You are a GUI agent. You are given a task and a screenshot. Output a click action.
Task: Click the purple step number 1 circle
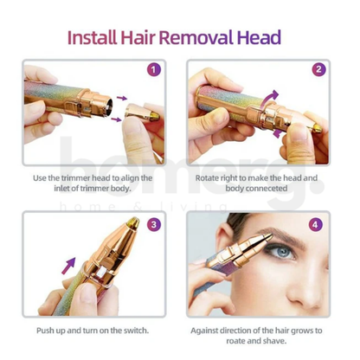click(x=154, y=70)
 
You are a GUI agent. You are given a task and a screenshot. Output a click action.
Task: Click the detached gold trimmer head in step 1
click(x=140, y=112)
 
